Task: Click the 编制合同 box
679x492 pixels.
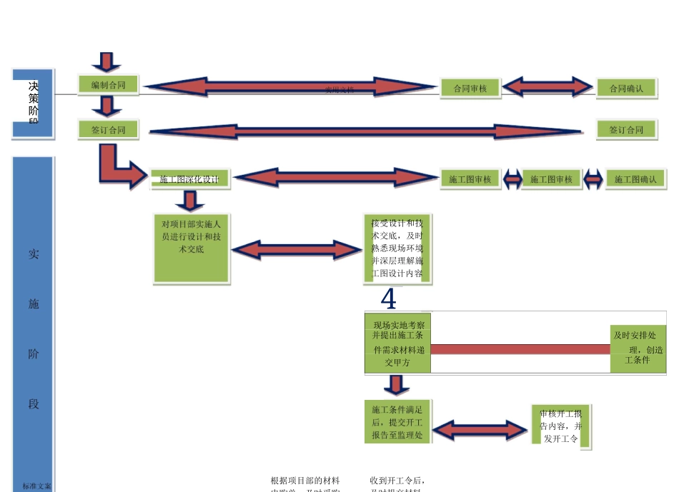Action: (107, 86)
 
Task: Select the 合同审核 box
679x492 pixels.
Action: (470, 89)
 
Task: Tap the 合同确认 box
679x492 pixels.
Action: (626, 89)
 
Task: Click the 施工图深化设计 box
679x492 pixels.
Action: (189, 179)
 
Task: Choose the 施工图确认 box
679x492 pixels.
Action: (635, 179)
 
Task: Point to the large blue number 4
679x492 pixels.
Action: (388, 299)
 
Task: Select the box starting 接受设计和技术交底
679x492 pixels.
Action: (397, 249)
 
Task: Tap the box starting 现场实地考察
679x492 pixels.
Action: (397, 342)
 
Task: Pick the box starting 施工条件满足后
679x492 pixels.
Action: (397, 421)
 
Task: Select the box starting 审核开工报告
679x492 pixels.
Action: (561, 426)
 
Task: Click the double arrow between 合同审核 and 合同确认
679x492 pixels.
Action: (548, 87)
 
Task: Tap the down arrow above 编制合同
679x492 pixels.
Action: (106, 62)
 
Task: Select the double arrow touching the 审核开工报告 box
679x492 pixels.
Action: (482, 430)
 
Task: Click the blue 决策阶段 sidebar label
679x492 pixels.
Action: (33, 103)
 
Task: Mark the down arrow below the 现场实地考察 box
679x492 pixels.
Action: (395, 385)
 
